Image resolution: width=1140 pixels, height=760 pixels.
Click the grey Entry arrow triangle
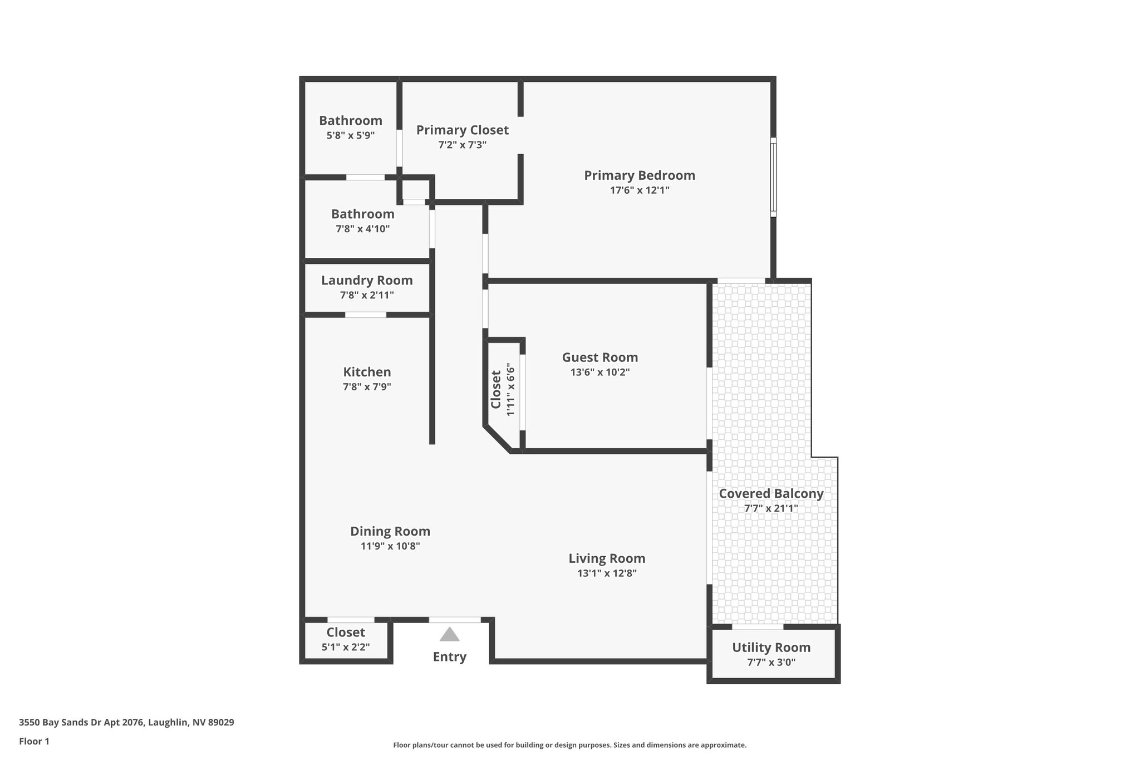449,635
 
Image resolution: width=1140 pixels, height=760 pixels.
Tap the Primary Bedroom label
640,175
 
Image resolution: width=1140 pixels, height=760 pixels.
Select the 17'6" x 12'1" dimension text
640,190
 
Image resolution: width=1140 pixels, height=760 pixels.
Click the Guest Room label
600,357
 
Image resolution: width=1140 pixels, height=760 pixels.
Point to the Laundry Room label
367,281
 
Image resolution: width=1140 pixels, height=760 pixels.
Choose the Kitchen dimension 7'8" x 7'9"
367,387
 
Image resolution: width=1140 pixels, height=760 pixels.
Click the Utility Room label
771,648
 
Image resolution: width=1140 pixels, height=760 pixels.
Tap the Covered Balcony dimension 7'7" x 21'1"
771,508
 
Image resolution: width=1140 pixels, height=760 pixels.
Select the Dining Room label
390,531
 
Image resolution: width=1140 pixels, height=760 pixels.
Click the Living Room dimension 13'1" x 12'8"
607,573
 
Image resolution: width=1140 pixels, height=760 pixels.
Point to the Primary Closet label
462,130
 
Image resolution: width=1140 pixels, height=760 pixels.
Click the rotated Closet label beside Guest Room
496,389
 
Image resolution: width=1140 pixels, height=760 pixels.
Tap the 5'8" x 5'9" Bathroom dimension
350,135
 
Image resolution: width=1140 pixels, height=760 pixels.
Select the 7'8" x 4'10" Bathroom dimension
362,229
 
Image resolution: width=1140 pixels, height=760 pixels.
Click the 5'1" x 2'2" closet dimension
346,647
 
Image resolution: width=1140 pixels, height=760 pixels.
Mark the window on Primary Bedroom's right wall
773,177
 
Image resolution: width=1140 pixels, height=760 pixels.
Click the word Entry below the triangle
449,657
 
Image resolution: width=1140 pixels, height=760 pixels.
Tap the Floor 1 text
34,741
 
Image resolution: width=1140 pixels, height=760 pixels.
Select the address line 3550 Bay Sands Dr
126,723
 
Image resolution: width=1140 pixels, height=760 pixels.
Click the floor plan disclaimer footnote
569,745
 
